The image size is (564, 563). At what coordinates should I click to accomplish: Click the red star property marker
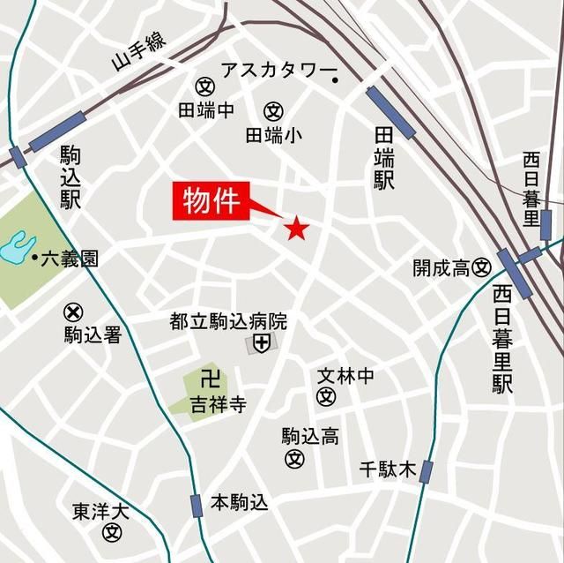click(x=295, y=229)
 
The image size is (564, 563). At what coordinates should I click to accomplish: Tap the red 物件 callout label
click(x=211, y=202)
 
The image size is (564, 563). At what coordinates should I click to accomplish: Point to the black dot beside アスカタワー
click(x=336, y=81)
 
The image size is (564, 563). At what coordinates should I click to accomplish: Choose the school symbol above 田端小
click(x=273, y=112)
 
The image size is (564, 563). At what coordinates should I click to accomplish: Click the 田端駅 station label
click(x=383, y=158)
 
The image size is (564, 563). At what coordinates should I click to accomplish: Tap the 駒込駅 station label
click(x=70, y=177)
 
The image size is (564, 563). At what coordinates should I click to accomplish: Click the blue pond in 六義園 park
click(x=15, y=246)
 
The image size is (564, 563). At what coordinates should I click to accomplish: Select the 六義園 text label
click(x=69, y=259)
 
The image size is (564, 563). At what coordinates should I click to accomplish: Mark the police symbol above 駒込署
click(x=73, y=312)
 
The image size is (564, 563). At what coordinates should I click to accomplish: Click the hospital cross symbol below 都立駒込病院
click(x=261, y=342)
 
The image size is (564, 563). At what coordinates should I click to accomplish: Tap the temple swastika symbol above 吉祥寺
click(x=209, y=380)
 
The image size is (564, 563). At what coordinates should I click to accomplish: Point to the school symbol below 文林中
click(x=327, y=396)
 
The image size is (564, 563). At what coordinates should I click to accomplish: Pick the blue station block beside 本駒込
click(x=196, y=505)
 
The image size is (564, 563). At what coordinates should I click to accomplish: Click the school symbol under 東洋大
click(x=111, y=532)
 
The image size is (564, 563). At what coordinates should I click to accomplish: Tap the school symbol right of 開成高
click(x=481, y=267)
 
